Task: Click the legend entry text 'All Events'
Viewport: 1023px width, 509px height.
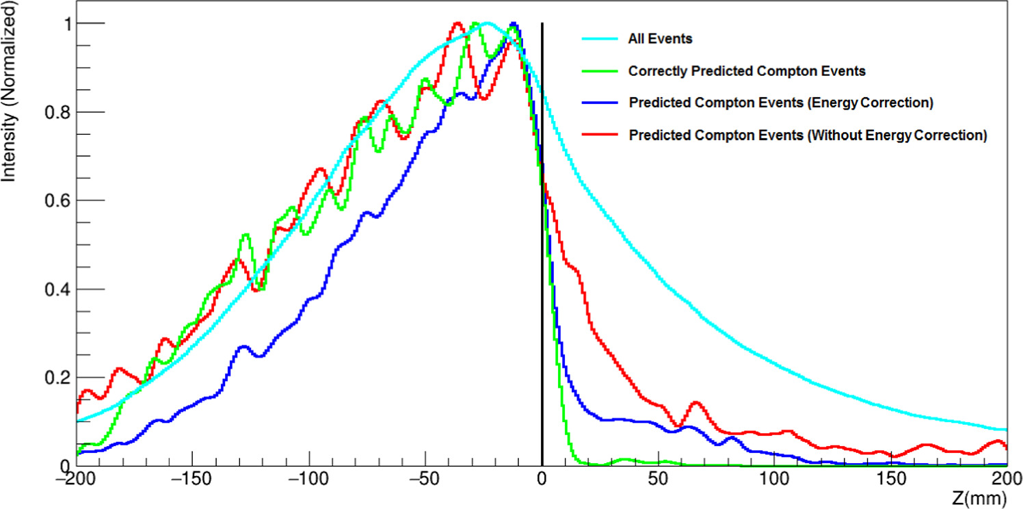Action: (660, 39)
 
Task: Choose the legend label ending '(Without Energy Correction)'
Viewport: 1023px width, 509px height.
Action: (808, 135)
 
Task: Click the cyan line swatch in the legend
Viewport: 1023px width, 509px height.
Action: (600, 39)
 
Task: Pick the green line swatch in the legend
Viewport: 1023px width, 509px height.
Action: (600, 71)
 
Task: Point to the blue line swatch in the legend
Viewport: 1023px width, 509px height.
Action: (600, 103)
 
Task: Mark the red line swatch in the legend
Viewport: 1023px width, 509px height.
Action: (600, 135)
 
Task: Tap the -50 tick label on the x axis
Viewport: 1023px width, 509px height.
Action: (425, 478)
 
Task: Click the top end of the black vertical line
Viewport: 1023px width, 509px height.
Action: (542, 24)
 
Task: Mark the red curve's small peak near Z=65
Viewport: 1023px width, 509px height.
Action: (696, 403)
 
